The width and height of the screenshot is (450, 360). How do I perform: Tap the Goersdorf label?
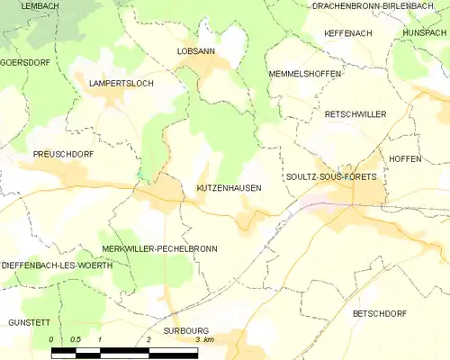pos(24,62)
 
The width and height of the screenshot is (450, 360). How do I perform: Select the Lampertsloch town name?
pos(121,83)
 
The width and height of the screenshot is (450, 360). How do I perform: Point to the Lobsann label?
pos(195,52)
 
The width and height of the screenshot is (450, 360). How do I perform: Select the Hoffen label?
pos(405,158)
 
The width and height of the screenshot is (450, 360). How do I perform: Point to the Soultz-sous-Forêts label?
pos(330,176)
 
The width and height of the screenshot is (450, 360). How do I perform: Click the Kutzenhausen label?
pos(229,188)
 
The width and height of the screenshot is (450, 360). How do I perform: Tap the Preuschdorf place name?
pos(64,154)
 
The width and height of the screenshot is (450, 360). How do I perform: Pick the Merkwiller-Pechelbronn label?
pos(159,247)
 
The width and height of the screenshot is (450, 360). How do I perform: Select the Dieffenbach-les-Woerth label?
pos(57,266)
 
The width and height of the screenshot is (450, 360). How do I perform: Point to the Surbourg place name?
pos(186,330)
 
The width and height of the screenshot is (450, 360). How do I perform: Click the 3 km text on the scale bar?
pos(204,339)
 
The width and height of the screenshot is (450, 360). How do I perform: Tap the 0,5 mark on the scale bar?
pos(76,339)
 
